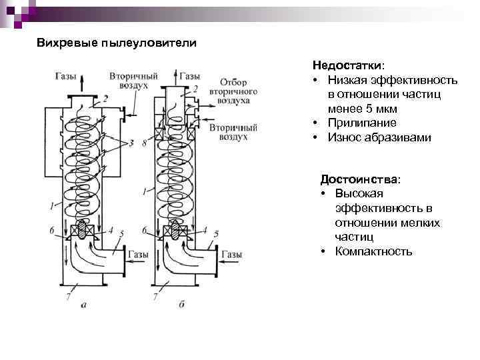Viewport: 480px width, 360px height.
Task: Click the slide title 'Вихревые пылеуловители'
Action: [116, 43]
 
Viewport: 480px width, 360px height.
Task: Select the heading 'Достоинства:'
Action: [360, 179]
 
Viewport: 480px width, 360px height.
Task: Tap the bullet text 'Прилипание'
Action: [361, 123]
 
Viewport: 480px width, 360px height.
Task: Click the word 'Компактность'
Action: [373, 251]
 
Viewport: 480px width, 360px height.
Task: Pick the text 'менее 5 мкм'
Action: [362, 109]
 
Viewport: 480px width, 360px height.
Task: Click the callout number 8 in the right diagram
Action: [145, 143]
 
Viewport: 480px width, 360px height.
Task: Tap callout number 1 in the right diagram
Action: [145, 192]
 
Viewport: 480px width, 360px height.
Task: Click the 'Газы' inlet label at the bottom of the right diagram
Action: [231, 255]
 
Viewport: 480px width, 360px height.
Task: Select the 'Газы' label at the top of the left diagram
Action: [65, 77]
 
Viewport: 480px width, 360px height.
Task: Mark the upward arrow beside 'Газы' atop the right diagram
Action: [175, 79]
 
